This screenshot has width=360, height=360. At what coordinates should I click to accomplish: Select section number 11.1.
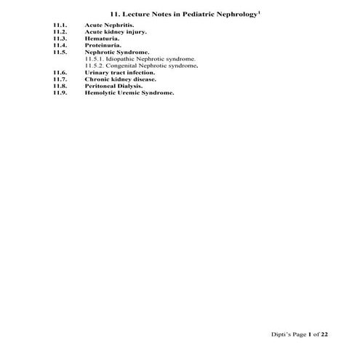tap(60, 25)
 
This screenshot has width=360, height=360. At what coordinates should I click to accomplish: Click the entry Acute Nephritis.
tap(104, 25)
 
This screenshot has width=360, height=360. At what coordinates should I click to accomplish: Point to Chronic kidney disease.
tap(115, 79)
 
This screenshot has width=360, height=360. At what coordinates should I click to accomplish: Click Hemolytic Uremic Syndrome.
tap(129, 93)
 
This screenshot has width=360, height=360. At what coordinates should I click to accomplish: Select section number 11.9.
tap(60, 93)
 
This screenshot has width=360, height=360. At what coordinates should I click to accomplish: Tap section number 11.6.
tap(60, 73)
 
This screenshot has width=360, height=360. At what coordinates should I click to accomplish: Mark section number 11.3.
tap(60, 39)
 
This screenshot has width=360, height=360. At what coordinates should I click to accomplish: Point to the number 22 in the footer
tap(324, 333)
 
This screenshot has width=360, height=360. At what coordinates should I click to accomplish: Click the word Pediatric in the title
tap(188, 15)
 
